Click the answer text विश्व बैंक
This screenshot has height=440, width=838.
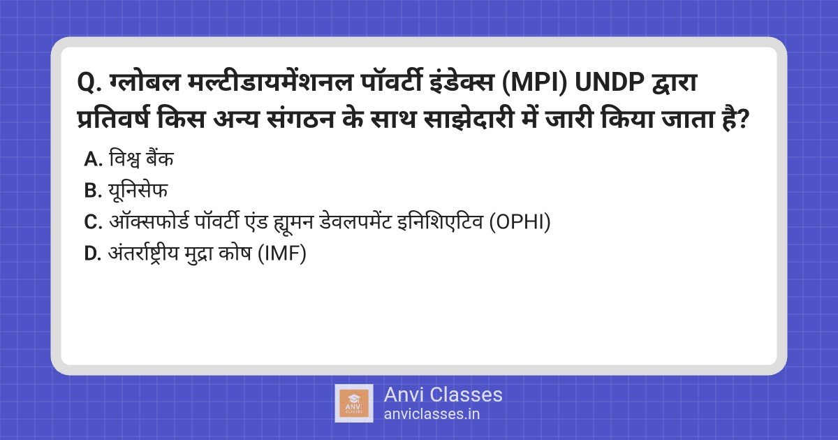tap(140, 159)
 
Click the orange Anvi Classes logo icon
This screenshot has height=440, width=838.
tap(353, 403)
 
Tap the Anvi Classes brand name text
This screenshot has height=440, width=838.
tap(443, 395)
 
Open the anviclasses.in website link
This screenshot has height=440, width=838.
tap(431, 413)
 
